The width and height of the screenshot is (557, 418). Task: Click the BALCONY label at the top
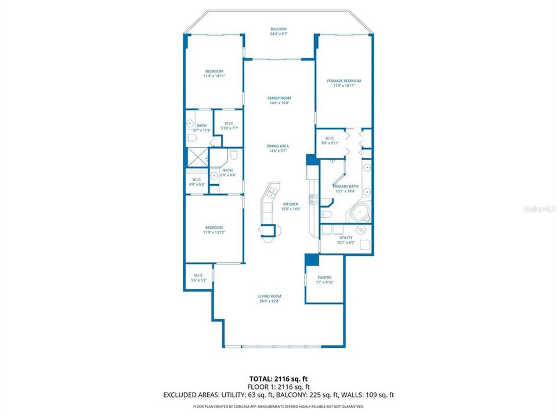tap(278, 29)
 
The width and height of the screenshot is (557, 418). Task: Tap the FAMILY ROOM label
tap(278, 98)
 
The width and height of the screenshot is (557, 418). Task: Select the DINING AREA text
tap(278, 146)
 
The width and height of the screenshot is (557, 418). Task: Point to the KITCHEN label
tap(291, 204)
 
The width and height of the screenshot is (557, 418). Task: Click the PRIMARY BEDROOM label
tap(343, 81)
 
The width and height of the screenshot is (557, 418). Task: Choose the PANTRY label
tap(324, 278)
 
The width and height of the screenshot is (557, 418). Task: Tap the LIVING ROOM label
tap(269, 296)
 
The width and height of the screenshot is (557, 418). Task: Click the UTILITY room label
tap(345, 237)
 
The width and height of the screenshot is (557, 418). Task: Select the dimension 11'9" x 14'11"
tap(214, 76)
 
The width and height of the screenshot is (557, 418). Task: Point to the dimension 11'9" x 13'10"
tap(214, 232)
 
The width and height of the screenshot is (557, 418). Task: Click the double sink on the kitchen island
tap(272, 191)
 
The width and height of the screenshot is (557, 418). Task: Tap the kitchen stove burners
tap(313, 201)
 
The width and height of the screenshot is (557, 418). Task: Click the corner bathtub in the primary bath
tap(361, 214)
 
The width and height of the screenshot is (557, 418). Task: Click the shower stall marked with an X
tap(195, 157)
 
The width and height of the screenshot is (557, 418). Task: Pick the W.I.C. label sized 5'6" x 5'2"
tap(198, 278)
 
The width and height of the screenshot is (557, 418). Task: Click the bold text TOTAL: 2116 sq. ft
tap(278, 378)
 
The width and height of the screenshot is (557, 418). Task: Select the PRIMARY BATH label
tap(345, 186)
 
